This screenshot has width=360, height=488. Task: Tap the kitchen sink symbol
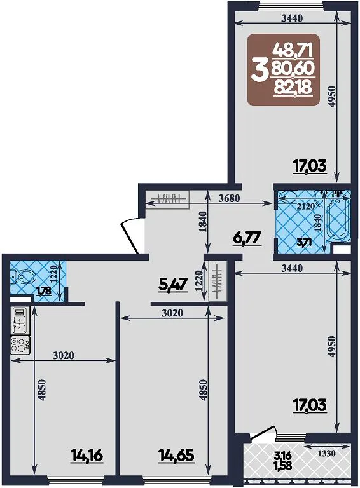(20, 320)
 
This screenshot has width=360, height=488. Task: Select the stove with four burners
(20, 345)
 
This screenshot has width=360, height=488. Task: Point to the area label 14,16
(87, 456)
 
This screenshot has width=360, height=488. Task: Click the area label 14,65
(176, 456)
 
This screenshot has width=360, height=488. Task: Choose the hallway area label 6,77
(247, 239)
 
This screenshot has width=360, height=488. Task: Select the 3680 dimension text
(230, 198)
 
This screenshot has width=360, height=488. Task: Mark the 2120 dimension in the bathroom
(305, 206)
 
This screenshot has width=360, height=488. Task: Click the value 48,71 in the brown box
(293, 50)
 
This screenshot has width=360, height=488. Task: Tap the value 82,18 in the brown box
(293, 88)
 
